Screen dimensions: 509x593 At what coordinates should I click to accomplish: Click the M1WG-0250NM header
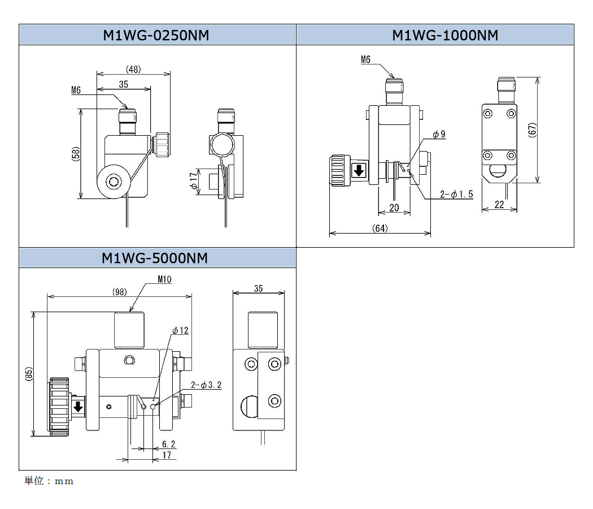coord(156,35)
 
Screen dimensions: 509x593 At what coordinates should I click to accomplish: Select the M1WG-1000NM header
coord(445,35)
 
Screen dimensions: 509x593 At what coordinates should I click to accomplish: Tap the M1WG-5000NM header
coord(155,258)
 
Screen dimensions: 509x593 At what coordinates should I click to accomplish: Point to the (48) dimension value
coord(133,70)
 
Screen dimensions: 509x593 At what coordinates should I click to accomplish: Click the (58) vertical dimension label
coord(75,155)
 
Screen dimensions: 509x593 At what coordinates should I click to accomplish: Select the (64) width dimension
coord(380,228)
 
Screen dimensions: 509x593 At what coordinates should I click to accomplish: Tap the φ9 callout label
coord(439,135)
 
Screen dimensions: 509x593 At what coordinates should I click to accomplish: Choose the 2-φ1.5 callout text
coord(456,194)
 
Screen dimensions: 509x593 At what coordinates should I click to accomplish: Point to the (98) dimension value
coord(119,292)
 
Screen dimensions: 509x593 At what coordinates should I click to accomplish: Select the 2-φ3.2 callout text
coord(206,385)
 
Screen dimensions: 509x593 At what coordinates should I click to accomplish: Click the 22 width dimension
coord(499,205)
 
